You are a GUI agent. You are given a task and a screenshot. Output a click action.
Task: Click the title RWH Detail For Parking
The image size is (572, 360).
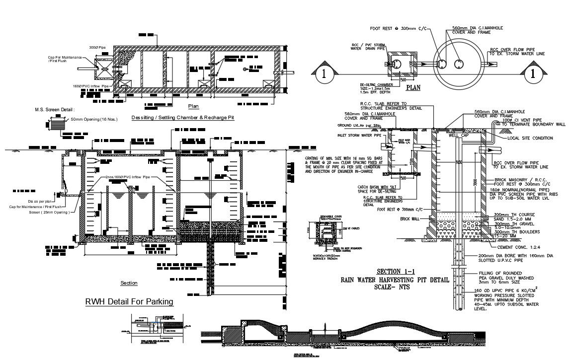[x=129, y=301]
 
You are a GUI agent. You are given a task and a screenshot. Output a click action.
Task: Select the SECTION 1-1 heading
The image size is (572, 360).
[x=395, y=272]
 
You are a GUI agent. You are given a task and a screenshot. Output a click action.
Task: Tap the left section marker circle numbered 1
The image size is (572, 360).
[x=324, y=74]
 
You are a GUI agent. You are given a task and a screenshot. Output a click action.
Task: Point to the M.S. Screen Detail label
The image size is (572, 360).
[x=54, y=109]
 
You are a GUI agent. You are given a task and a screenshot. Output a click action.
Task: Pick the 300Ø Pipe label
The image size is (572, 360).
[x=97, y=47]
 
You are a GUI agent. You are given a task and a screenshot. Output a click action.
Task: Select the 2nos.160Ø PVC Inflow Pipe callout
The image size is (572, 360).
[x=127, y=177]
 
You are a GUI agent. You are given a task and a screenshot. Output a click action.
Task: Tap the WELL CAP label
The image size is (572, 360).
[x=458, y=135]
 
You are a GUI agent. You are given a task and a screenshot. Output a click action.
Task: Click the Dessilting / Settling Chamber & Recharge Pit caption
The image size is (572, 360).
[x=182, y=118]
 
